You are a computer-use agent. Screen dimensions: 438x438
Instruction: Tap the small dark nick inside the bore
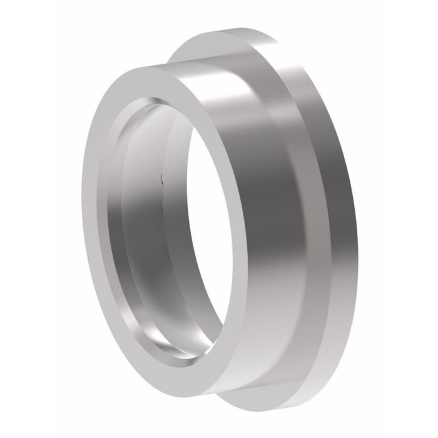point(163,181)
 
